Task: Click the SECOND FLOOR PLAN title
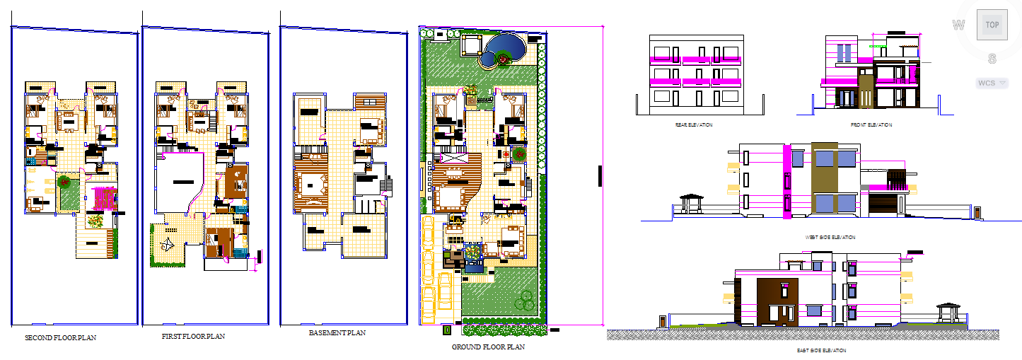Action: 60,338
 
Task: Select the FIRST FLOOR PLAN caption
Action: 193,337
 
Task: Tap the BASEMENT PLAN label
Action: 337,332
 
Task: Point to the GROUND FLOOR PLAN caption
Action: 488,347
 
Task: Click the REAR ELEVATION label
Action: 694,124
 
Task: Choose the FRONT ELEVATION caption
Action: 871,124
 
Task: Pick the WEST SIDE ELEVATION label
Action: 830,238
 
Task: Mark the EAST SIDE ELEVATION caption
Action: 820,350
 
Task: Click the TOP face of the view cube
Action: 992,25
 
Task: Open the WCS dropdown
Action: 992,83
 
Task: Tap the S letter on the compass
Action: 992,58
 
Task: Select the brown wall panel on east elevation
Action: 777,302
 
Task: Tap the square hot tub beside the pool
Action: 472,46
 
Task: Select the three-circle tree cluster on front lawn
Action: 524,300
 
